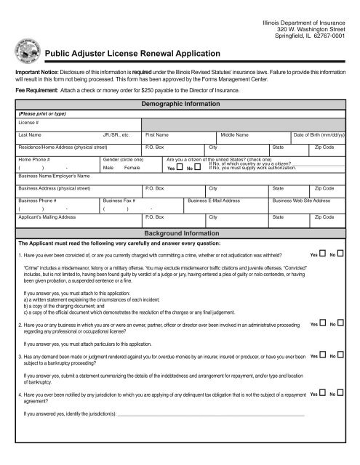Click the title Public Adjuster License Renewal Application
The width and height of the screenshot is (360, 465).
[x=133, y=54]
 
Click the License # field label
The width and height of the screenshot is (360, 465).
[x=27, y=123]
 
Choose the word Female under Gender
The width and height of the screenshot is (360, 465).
[x=132, y=168]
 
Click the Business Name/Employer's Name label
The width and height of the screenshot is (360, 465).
[x=54, y=176]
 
